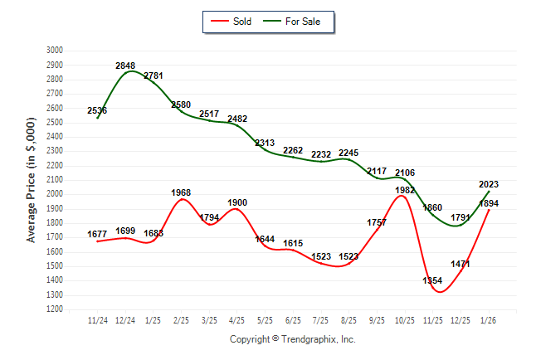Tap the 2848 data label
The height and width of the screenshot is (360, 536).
tap(125, 66)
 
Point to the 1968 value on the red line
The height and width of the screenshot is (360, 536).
tap(181, 192)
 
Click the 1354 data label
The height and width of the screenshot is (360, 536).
tap(432, 281)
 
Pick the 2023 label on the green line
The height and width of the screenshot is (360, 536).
tap(488, 185)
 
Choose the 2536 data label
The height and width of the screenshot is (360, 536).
tap(96, 110)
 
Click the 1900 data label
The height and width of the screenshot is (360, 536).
tap(236, 202)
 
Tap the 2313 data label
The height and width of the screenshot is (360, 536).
tap(265, 143)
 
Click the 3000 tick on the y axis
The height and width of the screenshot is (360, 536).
tap(54, 51)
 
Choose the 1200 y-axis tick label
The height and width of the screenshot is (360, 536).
tap(54, 309)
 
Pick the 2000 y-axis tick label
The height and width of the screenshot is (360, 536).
tap(54, 194)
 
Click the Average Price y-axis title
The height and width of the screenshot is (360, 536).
tap(32, 179)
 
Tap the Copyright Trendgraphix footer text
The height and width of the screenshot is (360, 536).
tap(292, 340)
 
